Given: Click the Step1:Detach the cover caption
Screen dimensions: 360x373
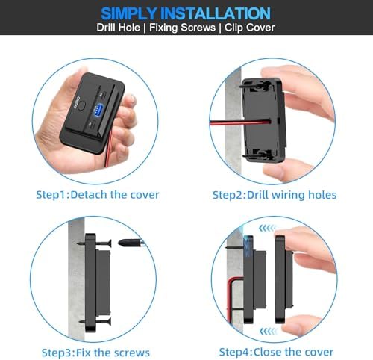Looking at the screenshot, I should pyautogui.click(x=98, y=195).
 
